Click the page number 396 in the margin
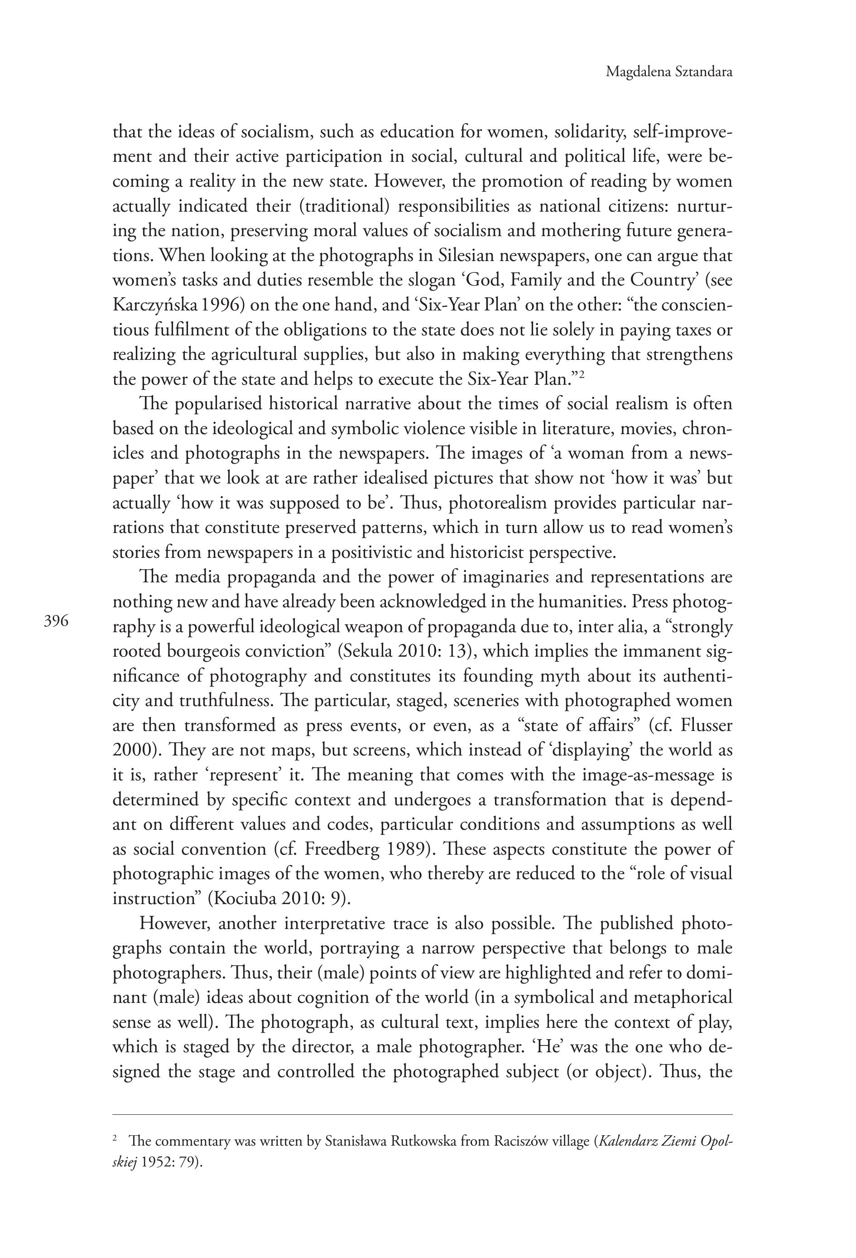pos(56,621)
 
